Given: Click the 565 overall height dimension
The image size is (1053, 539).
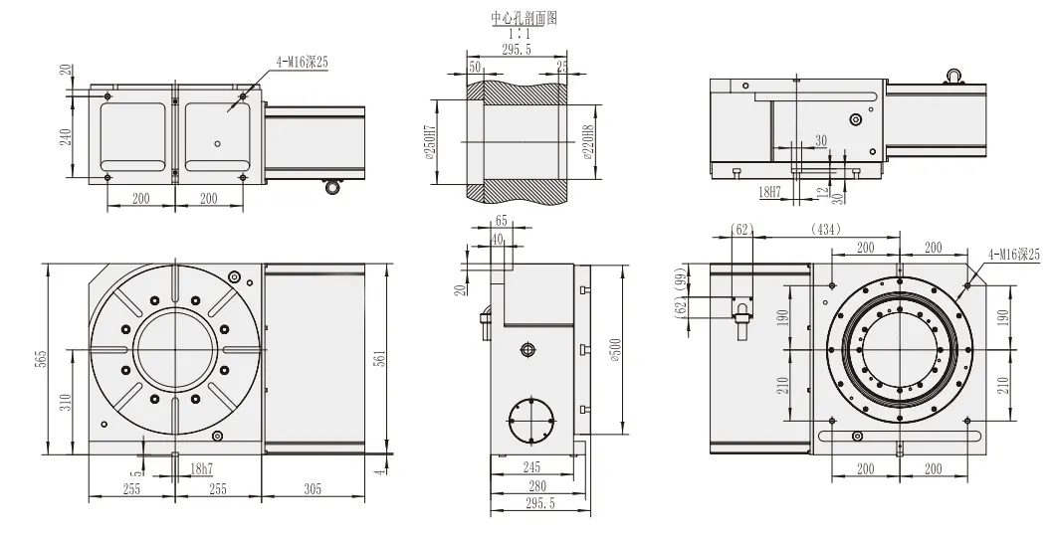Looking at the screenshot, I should point(41,359).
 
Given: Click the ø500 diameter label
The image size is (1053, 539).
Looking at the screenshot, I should point(617,350).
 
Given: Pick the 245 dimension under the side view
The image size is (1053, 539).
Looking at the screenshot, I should point(530,466).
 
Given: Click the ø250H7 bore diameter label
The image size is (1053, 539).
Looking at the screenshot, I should point(430,141).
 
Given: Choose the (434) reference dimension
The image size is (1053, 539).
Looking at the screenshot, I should point(825,230).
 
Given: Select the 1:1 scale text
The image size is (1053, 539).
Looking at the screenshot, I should point(519,32).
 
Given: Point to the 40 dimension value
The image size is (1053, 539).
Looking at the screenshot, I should point(497,239).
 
